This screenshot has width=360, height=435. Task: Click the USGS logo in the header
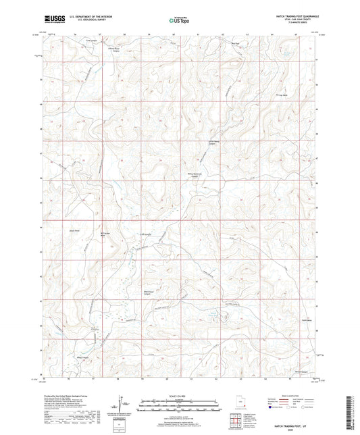(x=53, y=20)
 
